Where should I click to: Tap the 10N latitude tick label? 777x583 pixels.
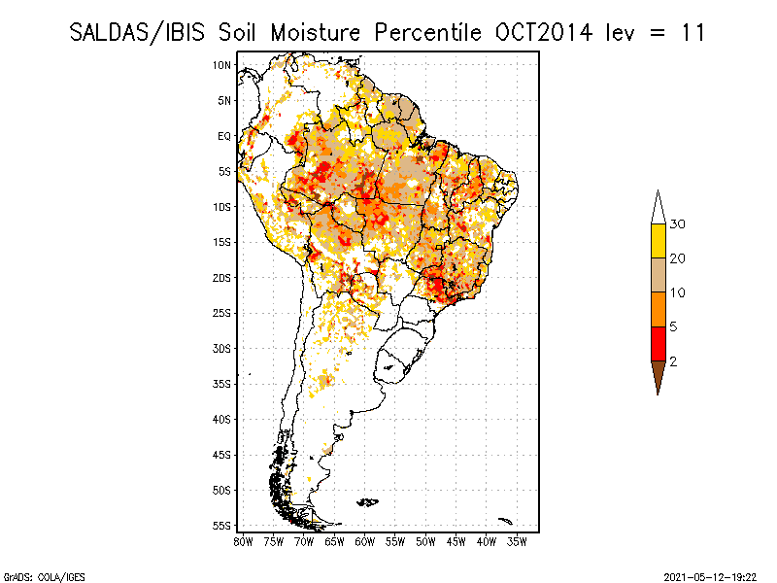pos(222,65)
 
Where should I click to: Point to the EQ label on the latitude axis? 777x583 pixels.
pos(224,136)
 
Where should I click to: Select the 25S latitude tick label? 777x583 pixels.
pos(222,313)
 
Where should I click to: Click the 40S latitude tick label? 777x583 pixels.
pos(222,419)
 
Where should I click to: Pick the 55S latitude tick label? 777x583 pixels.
pos(222,525)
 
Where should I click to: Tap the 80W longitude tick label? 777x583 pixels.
pos(243,541)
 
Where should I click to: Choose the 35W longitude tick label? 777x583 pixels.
pos(518,541)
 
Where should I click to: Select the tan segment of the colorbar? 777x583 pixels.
pos(658,275)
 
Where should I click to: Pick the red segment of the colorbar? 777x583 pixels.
pos(658,343)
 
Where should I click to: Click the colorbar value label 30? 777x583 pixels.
pos(678,224)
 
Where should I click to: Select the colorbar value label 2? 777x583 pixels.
pos(674,360)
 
